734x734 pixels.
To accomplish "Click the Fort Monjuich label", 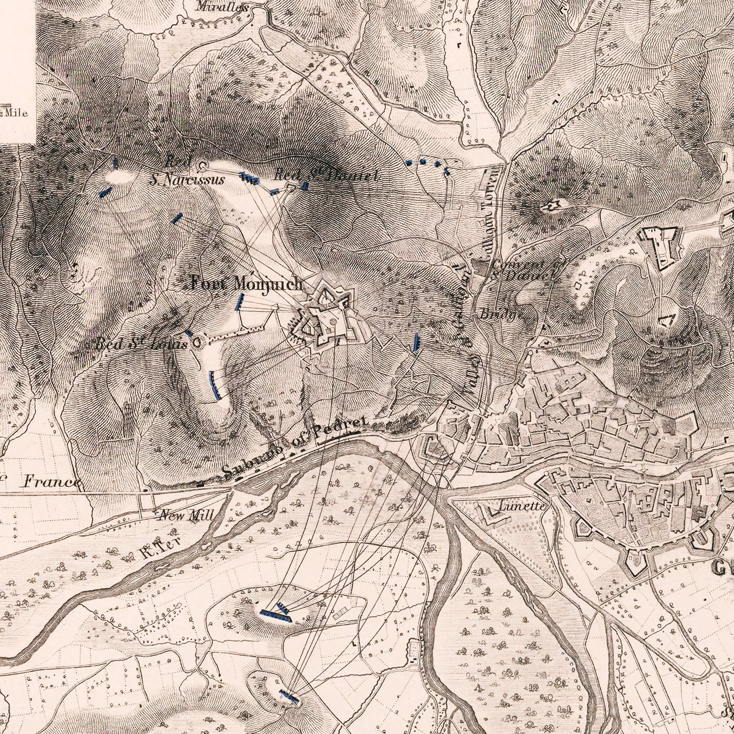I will [247, 284].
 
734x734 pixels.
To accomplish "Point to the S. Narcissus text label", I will [187, 180].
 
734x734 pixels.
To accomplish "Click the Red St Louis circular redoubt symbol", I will [197, 343].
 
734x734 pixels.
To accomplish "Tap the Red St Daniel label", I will [325, 175].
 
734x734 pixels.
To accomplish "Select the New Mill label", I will [186, 515].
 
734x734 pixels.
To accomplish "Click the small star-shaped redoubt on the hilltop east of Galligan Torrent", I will [550, 206].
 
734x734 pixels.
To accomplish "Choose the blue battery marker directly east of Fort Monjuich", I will [416, 342].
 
